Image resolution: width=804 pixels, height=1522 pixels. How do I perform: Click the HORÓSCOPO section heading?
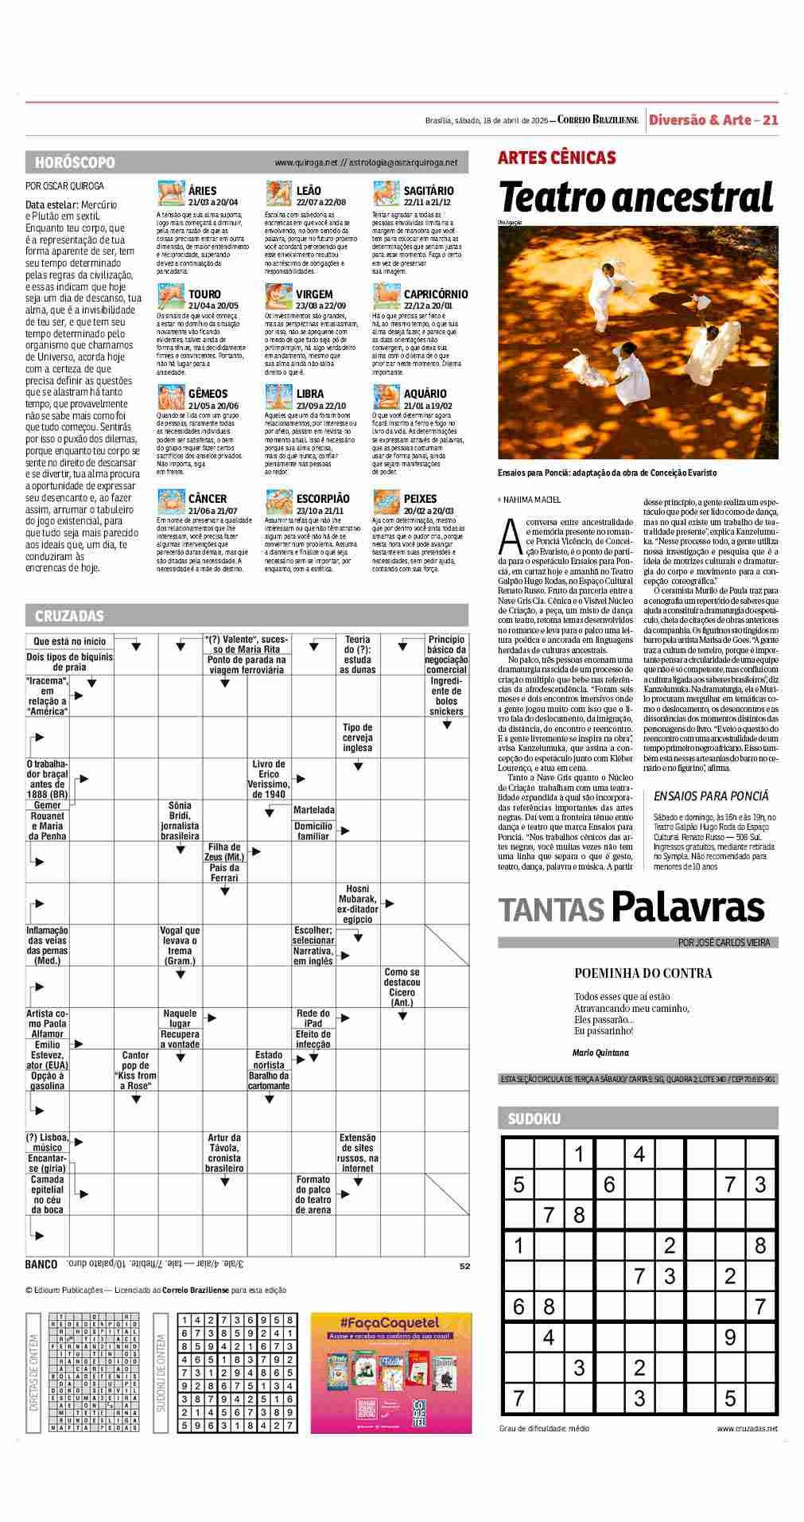(75, 162)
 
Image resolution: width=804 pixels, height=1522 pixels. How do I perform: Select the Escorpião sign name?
(322, 499)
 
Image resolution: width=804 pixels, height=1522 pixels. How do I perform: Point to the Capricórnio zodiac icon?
(386, 297)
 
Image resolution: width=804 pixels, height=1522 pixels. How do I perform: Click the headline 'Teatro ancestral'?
(636, 197)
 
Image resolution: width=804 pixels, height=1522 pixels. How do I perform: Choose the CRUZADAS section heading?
(69, 616)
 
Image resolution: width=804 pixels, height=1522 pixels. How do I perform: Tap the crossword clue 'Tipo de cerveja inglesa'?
(357, 738)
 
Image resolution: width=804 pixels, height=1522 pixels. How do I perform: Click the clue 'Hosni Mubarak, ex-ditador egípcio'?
(357, 904)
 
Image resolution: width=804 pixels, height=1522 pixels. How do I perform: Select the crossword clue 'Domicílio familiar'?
(313, 831)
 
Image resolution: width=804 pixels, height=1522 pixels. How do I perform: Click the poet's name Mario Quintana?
(600, 1053)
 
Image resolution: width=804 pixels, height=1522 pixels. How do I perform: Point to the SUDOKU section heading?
(534, 1119)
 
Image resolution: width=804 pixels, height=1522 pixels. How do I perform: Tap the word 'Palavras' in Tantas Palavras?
(688, 908)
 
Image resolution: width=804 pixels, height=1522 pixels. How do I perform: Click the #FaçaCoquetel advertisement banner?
(390, 1372)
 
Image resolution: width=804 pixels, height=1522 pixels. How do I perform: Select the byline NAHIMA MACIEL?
(531, 500)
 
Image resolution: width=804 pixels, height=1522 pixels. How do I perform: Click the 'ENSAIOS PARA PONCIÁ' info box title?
(711, 796)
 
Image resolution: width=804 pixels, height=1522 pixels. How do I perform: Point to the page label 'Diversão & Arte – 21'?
(713, 120)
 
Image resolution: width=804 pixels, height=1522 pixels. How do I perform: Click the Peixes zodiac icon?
(386, 502)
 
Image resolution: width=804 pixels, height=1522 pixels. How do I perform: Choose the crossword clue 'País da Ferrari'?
(224, 873)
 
